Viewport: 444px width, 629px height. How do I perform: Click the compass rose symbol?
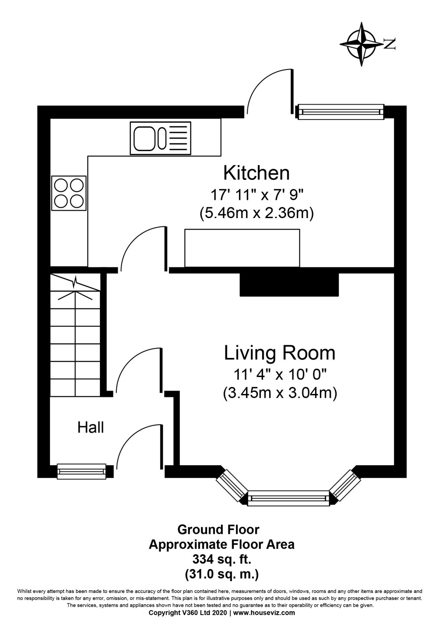point(363,44)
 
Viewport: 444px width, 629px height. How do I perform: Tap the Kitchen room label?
point(256,173)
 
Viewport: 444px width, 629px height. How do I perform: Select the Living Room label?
point(280,353)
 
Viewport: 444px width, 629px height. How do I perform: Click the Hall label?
point(91,427)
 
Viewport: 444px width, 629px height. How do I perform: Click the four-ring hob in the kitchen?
point(69,193)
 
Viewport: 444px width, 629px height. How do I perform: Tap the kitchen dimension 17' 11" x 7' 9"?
point(256,195)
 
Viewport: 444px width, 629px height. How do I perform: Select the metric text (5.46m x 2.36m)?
point(256,214)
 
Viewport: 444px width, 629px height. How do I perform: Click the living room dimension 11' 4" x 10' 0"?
point(280,374)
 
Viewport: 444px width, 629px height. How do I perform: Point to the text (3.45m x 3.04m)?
point(280,393)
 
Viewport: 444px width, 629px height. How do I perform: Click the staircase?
point(76,334)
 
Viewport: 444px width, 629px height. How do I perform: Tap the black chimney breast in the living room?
point(289,285)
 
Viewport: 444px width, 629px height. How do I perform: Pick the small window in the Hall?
point(82,471)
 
